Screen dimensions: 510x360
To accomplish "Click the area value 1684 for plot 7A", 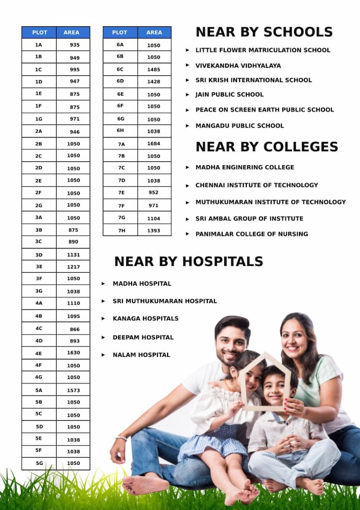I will (x=154, y=144).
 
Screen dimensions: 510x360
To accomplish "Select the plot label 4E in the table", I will (x=39, y=353).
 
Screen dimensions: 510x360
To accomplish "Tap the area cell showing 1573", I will (x=73, y=390).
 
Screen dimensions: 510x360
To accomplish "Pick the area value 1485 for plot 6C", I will (x=154, y=69).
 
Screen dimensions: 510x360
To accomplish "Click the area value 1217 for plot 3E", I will (x=73, y=267).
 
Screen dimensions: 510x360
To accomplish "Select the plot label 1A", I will (x=39, y=45).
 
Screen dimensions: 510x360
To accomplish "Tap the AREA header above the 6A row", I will (x=154, y=32).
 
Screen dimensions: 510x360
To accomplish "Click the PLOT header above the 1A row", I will (x=39, y=32).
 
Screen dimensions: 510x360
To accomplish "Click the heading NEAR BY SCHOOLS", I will (x=264, y=32).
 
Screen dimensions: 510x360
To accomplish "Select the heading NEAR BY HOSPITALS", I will (x=189, y=261).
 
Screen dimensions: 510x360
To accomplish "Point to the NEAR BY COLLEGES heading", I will (x=267, y=146).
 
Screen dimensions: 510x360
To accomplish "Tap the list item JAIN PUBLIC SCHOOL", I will (x=229, y=95).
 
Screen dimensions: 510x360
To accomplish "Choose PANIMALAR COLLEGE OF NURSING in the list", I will (x=252, y=234).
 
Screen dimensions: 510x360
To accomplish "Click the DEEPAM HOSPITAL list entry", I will (x=143, y=337).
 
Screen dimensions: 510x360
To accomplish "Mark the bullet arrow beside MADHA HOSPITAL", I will (x=103, y=284).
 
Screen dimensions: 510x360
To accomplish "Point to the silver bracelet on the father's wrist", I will (x=121, y=438).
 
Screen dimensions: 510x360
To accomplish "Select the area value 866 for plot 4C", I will (x=74, y=329).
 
